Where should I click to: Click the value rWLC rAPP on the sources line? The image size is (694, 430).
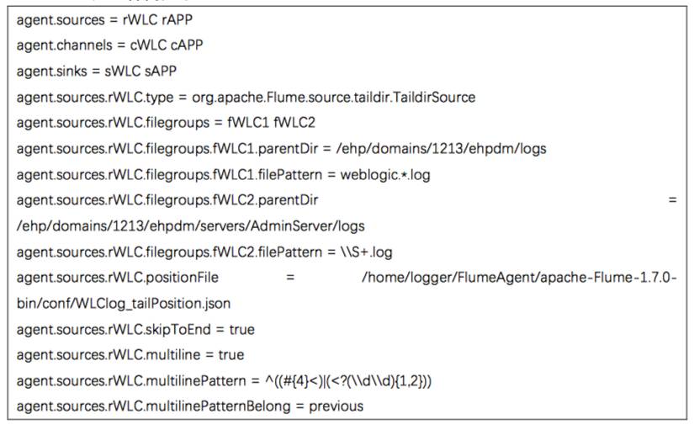pyautogui.click(x=156, y=19)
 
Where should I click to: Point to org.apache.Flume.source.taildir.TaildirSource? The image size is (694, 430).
pyautogui.click(x=334, y=97)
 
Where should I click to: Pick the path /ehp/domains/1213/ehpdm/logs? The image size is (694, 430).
pyautogui.click(x=442, y=149)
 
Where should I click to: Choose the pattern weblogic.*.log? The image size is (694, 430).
pyautogui.click(x=387, y=174)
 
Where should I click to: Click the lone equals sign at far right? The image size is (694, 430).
pyautogui.click(x=672, y=200)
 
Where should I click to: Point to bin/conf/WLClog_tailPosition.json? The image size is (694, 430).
pyautogui.click(x=124, y=303)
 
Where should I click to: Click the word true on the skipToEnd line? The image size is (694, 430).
pyautogui.click(x=236, y=329)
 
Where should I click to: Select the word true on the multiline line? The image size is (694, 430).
pyautogui.click(x=225, y=355)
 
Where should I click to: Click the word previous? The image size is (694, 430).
pyautogui.click(x=336, y=406)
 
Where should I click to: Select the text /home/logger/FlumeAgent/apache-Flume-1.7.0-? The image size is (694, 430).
pyautogui.click(x=520, y=278)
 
